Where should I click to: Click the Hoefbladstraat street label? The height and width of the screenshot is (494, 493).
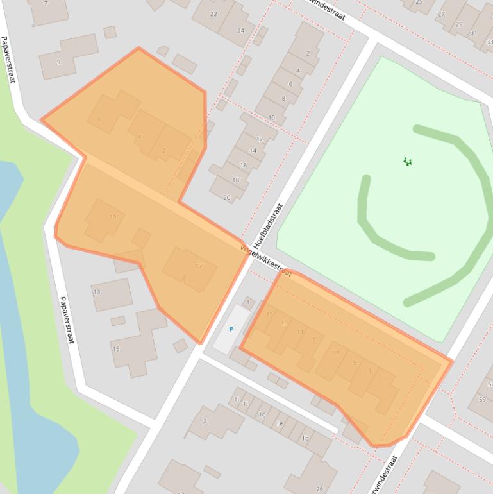[x=267, y=226]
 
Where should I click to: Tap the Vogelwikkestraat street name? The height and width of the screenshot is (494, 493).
[x=265, y=260]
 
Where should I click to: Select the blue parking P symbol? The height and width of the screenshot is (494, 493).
[x=231, y=329]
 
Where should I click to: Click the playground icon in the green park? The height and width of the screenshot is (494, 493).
[x=407, y=162]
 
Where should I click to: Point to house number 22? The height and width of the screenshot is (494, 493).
[x=213, y=14]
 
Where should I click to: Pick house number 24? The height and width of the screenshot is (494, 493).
[x=240, y=30]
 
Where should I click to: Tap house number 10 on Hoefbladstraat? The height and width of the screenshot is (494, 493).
[x=271, y=117]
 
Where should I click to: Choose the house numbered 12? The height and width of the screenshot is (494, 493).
[x=260, y=139]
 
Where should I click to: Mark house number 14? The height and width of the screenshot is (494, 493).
[x=253, y=151]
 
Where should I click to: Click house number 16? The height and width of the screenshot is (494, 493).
[x=244, y=166]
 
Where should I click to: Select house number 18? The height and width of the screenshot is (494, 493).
[x=235, y=180]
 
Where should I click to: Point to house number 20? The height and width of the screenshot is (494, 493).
[x=227, y=197]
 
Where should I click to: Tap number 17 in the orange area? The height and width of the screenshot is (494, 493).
[x=199, y=266]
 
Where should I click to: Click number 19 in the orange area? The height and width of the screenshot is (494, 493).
[x=113, y=217]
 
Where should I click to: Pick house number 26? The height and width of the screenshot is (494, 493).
[x=320, y=489]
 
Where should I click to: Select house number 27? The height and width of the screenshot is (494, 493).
[x=441, y=14]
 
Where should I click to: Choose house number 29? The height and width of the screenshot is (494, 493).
[x=459, y=24]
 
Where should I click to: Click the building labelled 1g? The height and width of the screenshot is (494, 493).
[x=262, y=414]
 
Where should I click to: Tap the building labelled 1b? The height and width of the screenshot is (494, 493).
[x=305, y=438]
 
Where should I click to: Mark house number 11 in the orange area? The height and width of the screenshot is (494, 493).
[x=300, y=332]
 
